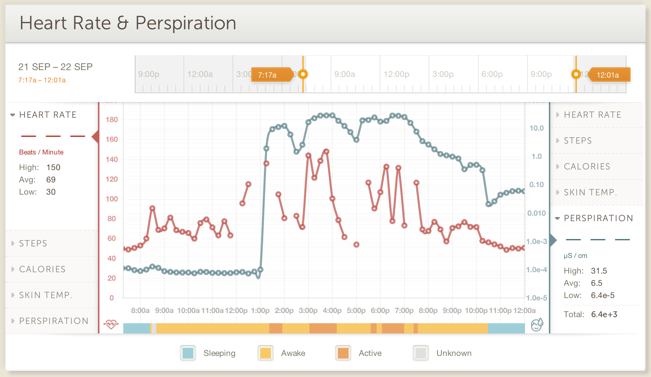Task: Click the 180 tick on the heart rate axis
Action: pos(112,120)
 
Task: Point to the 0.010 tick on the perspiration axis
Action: pos(537,213)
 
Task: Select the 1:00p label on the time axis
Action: pos(260,311)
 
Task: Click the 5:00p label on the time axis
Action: pos(356,311)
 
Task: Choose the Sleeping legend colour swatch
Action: pos(188,353)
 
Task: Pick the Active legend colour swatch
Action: pos(343,353)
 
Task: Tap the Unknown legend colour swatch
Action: pos(421,353)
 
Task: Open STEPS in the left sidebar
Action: pos(33,243)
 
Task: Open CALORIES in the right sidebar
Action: pos(587,166)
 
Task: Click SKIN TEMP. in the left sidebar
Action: pos(46,295)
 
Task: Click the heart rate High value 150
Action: pos(53,167)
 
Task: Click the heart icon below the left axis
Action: pos(111,324)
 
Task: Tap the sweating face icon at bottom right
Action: pos(537,325)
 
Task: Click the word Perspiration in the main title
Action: pos(186,23)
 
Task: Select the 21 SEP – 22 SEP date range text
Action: pos(55,67)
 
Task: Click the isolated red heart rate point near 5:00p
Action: pos(356,245)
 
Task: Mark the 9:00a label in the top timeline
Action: pos(345,74)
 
